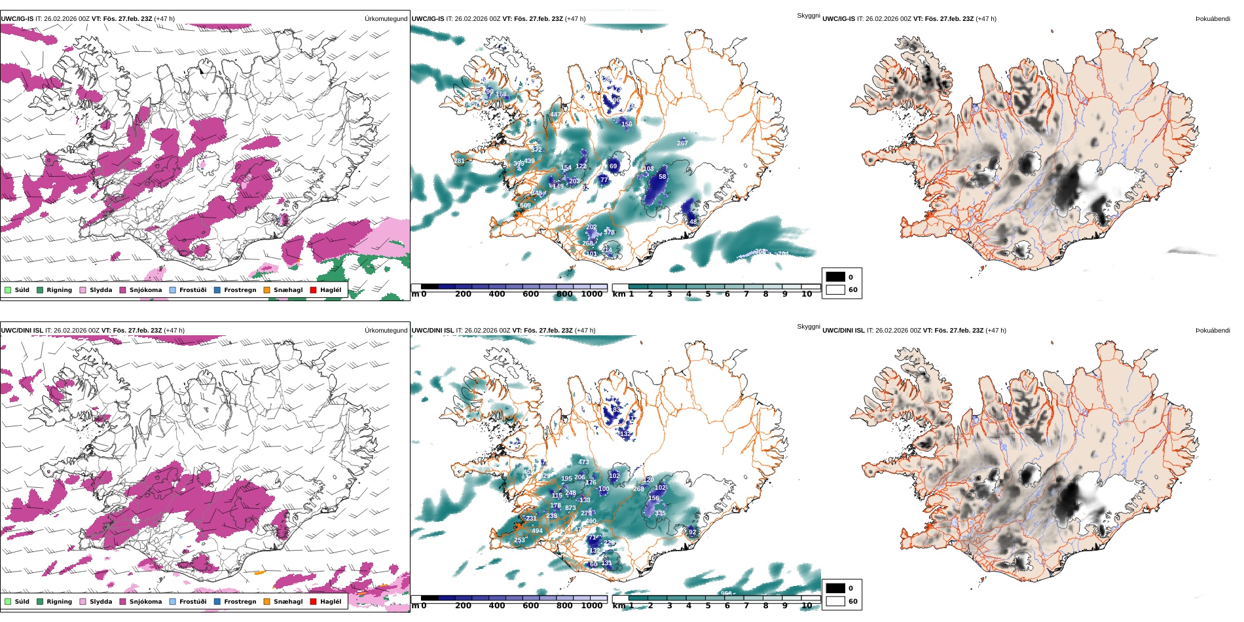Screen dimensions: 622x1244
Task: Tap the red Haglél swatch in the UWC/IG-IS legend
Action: tap(314, 290)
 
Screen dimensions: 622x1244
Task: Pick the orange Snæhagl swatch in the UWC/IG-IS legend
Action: tap(266, 290)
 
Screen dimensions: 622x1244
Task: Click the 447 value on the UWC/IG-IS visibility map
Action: tap(555, 115)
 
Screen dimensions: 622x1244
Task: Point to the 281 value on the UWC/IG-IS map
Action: tap(459, 161)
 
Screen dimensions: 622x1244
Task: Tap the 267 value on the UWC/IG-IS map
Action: tap(682, 143)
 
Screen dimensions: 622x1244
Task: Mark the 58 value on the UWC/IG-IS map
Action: tap(662, 177)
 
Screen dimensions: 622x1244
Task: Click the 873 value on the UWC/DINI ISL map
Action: tap(570, 508)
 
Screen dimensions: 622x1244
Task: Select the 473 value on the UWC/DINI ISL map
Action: tap(583, 462)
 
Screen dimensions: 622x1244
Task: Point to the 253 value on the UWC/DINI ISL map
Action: tap(519, 541)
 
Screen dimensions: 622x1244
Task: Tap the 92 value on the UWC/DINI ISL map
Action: tap(693, 532)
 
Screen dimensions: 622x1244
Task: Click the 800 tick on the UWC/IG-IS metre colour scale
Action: tap(564, 295)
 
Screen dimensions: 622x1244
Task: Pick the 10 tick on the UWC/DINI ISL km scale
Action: tap(807, 606)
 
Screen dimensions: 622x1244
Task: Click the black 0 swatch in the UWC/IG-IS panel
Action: tap(835, 277)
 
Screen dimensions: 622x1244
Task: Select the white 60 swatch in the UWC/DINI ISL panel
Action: tap(835, 601)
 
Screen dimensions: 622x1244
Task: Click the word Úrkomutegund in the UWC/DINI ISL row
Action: tap(386, 331)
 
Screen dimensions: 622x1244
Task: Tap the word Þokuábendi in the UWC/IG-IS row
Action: tap(1213, 19)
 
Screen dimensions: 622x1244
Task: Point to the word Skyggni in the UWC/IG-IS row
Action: tap(808, 16)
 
